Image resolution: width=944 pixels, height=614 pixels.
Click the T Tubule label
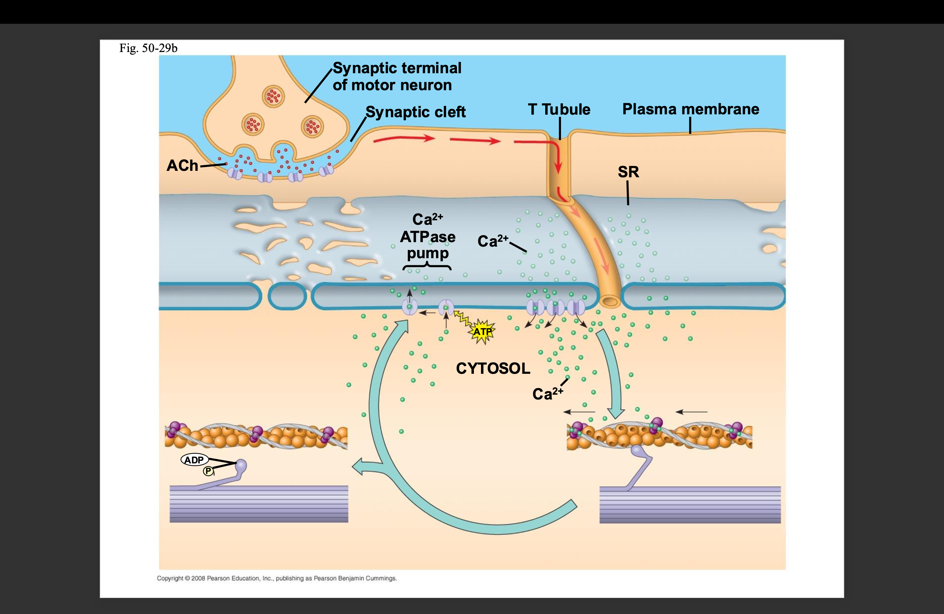click(559, 110)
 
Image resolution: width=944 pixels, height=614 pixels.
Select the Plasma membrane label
click(691, 109)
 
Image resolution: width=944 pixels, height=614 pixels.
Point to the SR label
click(628, 172)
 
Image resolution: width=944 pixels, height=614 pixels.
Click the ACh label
click(182, 165)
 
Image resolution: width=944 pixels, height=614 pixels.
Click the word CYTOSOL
click(493, 368)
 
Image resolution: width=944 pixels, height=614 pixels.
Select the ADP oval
click(194, 460)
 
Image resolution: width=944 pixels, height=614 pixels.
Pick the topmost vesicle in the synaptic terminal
click(273, 96)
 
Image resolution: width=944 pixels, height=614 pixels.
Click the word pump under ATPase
click(428, 253)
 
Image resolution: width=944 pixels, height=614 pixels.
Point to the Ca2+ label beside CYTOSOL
click(547, 394)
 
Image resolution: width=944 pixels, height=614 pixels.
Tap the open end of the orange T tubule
click(610, 302)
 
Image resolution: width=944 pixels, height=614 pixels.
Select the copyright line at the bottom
click(276, 578)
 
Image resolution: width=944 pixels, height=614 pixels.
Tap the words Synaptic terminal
click(397, 68)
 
